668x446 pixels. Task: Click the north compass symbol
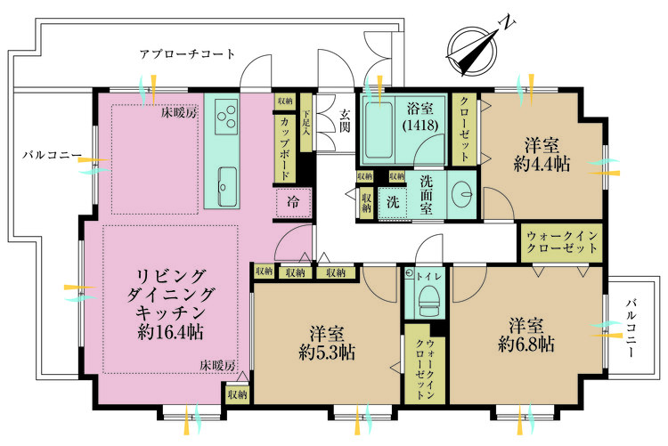475,49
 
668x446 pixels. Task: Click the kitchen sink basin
227,186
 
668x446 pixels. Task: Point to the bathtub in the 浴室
379,129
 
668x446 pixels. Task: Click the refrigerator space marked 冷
294,202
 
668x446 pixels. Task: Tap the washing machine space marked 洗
393,201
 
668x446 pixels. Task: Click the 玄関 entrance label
345,120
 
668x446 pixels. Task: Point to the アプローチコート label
187,54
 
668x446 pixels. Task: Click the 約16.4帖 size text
170,331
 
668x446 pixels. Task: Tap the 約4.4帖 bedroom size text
542,164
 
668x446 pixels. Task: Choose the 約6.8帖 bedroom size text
526,344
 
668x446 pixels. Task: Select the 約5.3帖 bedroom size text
327,353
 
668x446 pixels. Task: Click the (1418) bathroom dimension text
420,126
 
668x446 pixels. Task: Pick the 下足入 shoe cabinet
306,123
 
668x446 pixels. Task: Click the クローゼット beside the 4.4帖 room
465,129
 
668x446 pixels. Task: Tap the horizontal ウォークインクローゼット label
562,242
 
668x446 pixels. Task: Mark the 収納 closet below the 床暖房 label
237,394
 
